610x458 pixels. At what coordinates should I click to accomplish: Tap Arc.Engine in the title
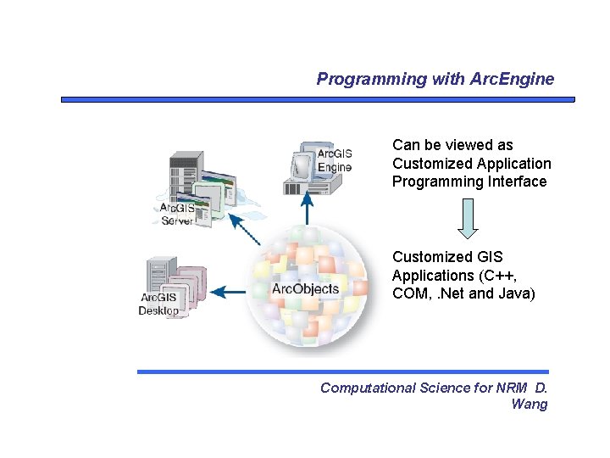coord(513,80)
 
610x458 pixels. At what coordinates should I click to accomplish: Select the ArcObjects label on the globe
coord(305,289)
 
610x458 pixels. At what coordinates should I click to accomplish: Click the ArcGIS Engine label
coord(335,160)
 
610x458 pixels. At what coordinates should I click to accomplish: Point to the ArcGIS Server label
coord(177,214)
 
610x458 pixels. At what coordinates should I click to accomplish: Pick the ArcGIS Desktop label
coord(159,304)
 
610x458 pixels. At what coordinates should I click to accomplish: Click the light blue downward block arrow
coord(468,218)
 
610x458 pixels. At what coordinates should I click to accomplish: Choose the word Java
coord(518,293)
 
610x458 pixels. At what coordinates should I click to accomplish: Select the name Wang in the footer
coord(530,404)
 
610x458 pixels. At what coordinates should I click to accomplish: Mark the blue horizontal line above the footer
coord(343,371)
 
